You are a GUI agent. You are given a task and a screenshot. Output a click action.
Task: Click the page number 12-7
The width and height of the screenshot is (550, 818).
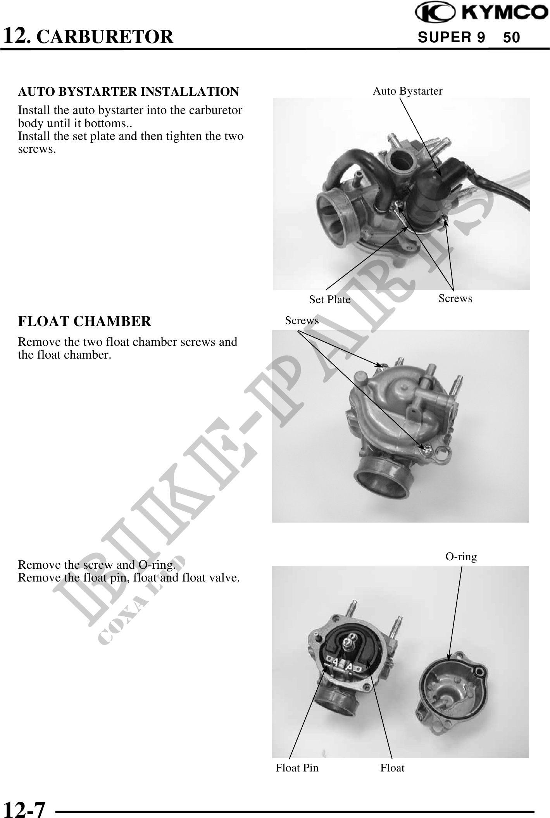[24, 809]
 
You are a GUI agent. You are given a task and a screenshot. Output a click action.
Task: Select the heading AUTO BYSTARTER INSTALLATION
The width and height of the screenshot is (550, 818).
[129, 92]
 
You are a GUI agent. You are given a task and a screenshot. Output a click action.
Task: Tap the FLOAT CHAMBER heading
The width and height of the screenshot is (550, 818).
[85, 321]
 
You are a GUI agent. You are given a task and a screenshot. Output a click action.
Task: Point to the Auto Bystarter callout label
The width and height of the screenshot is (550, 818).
[407, 91]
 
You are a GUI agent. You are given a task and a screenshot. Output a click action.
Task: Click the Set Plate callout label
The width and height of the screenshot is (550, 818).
[329, 300]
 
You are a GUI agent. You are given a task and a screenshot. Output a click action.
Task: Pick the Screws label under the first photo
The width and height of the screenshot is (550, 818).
[455, 298]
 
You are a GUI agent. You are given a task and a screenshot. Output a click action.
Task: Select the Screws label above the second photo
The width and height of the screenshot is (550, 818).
[302, 321]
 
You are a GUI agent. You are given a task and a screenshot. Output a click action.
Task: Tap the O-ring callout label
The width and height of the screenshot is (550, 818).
[461, 557]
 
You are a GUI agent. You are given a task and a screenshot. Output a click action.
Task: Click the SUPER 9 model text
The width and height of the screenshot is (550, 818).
[452, 38]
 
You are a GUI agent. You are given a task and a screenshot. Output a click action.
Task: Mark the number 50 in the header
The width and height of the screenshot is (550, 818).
[512, 38]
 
